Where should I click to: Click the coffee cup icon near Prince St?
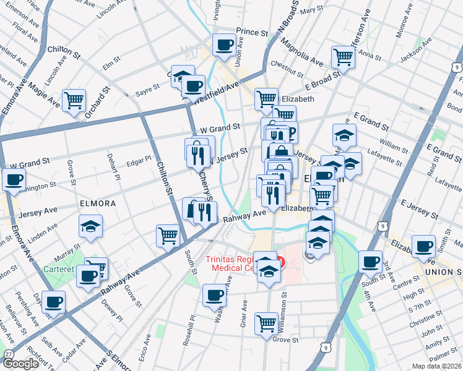point(224,44)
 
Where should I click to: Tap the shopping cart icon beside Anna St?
point(342,57)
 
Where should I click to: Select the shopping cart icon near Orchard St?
point(74,99)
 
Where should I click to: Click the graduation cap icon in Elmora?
point(90,226)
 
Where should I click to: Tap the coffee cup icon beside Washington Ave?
point(214,295)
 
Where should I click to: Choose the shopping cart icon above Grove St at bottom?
point(266,322)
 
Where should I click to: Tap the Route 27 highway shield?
point(8,353)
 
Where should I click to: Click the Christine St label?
point(423,320)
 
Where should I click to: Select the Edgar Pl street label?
point(138,161)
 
